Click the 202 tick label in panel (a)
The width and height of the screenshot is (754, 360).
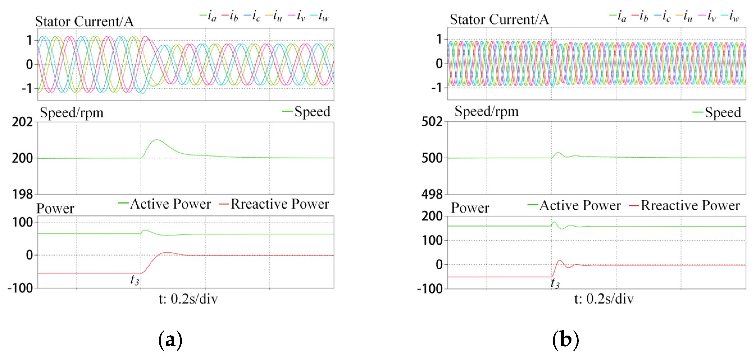tap(22, 122)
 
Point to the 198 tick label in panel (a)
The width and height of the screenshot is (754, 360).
tap(22, 194)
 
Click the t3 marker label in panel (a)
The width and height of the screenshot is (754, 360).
tap(135, 280)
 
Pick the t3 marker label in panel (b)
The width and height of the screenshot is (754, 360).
tap(555, 283)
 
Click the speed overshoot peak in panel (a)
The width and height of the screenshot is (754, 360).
tap(157, 140)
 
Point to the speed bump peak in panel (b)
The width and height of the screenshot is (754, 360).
tap(558, 152)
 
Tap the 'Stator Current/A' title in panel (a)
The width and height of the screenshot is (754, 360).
tap(84, 21)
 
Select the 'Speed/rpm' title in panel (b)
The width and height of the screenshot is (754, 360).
tap(486, 111)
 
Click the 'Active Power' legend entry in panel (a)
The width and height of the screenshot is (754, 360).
tap(170, 204)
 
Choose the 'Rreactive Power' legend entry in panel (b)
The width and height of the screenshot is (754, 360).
tap(690, 205)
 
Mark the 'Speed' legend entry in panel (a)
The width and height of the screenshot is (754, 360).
tap(312, 111)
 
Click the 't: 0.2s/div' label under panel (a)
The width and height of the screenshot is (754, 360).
tap(188, 299)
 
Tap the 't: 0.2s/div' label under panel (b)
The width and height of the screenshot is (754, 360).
tap(604, 299)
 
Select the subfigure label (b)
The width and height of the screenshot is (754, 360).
tap(565, 340)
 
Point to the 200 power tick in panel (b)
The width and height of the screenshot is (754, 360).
tap(432, 216)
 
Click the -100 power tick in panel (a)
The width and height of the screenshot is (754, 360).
tap(20, 288)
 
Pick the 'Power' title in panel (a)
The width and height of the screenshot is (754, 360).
tap(55, 208)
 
